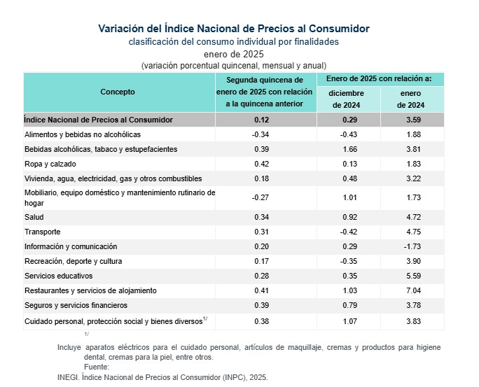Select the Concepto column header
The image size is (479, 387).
(x=118, y=92)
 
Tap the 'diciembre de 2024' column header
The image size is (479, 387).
(x=348, y=99)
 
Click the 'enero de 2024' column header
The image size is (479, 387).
(x=411, y=99)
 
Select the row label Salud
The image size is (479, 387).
(x=34, y=218)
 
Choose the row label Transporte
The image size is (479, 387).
(x=42, y=232)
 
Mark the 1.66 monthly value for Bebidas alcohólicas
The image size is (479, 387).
(x=348, y=149)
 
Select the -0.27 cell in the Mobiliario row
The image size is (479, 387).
(x=261, y=197)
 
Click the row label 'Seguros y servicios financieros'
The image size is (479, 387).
(x=76, y=305)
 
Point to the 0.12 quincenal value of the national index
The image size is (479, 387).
(x=261, y=120)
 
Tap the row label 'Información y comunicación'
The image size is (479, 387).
(x=70, y=247)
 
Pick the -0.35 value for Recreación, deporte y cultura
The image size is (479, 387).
(x=348, y=261)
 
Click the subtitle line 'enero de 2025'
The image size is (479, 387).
(x=233, y=54)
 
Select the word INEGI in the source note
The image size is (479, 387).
(x=67, y=377)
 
